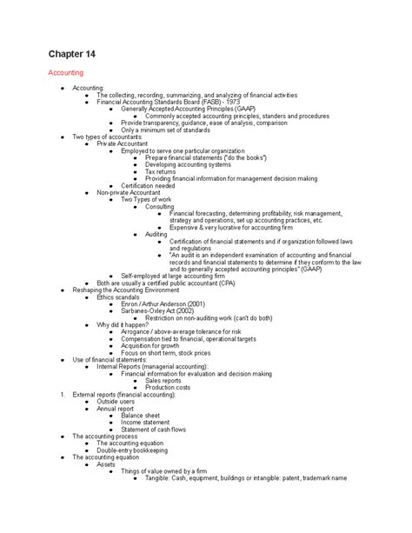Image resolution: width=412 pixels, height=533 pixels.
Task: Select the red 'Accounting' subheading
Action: [66, 75]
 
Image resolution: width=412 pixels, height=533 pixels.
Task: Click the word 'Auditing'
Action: [156, 235]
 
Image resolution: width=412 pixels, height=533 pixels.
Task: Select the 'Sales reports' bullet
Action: [169, 380]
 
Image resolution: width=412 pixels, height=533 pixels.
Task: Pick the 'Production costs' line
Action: [172, 387]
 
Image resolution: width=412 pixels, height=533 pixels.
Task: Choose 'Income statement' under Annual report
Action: [144, 422]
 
